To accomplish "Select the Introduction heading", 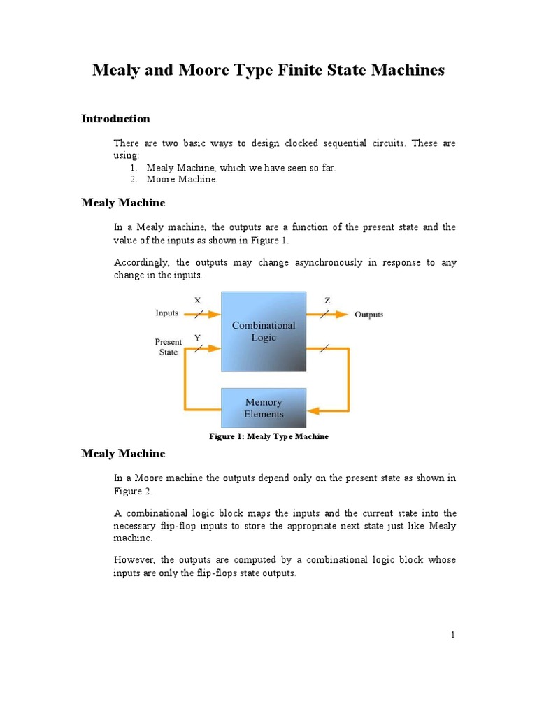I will (115, 119).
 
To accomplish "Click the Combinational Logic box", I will (264, 331).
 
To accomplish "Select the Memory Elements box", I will (264, 408).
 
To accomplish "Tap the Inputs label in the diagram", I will (166, 313).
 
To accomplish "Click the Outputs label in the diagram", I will (368, 315).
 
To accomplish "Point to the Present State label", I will (168, 347).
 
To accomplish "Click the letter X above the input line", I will (197, 301).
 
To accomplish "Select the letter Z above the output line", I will (327, 301).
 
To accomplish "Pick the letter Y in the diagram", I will (197, 338).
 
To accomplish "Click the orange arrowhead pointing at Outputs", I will (342, 315).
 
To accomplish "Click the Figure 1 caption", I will (268, 436).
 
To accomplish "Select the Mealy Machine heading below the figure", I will (123, 454).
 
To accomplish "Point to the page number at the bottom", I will (453, 635).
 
